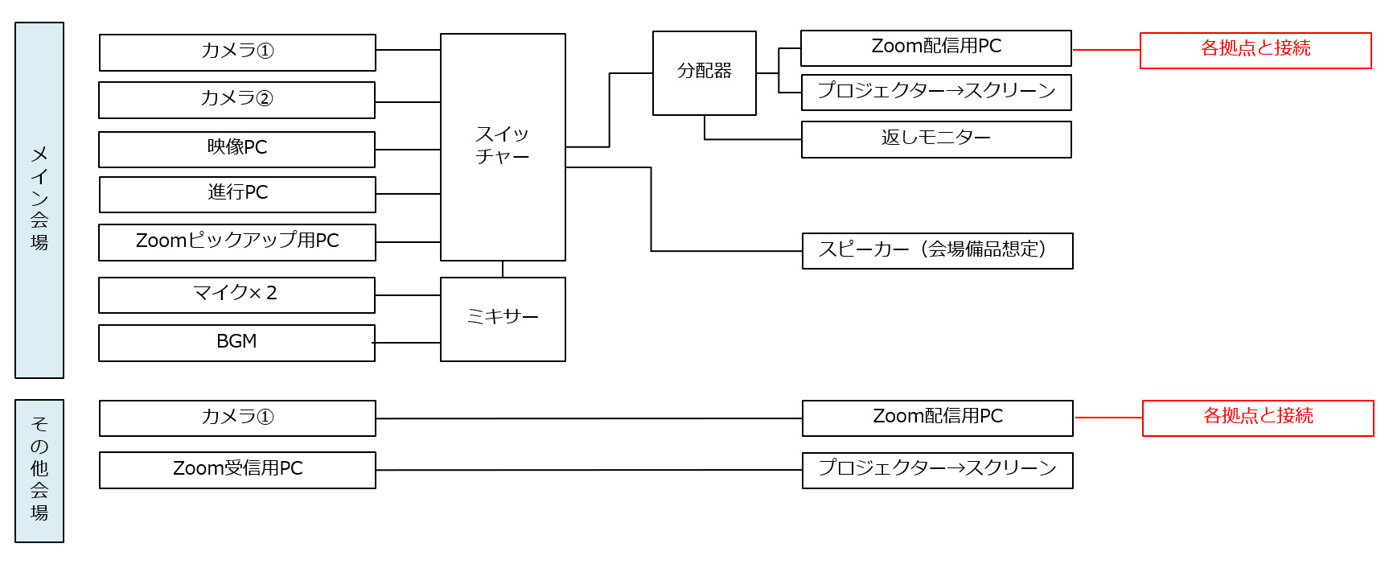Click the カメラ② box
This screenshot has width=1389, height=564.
(x=236, y=100)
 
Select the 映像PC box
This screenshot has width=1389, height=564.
(x=236, y=149)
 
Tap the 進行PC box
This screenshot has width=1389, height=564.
(x=236, y=194)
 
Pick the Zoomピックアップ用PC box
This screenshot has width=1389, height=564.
(x=236, y=242)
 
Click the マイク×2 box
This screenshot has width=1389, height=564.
(x=236, y=294)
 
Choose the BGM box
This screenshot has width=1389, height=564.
(x=236, y=343)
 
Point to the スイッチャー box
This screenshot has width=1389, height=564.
(x=503, y=146)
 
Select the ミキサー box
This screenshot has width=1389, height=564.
(x=503, y=319)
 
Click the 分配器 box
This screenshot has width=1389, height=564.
(x=704, y=72)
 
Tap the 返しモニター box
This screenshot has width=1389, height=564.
(x=936, y=139)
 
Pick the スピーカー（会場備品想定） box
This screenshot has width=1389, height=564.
(x=937, y=250)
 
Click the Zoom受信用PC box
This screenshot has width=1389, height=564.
(x=237, y=470)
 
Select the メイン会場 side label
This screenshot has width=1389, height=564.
(x=39, y=200)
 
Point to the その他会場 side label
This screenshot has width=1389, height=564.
(x=39, y=471)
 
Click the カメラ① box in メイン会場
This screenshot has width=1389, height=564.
(x=237, y=52)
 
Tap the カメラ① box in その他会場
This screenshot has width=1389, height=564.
(x=237, y=418)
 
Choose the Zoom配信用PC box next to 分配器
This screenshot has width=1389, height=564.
(x=935, y=48)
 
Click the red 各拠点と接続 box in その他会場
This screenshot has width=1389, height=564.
(x=1258, y=418)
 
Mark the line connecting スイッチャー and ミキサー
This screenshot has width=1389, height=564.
(x=503, y=269)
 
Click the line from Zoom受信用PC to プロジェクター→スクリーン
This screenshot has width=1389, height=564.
(x=587, y=470)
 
